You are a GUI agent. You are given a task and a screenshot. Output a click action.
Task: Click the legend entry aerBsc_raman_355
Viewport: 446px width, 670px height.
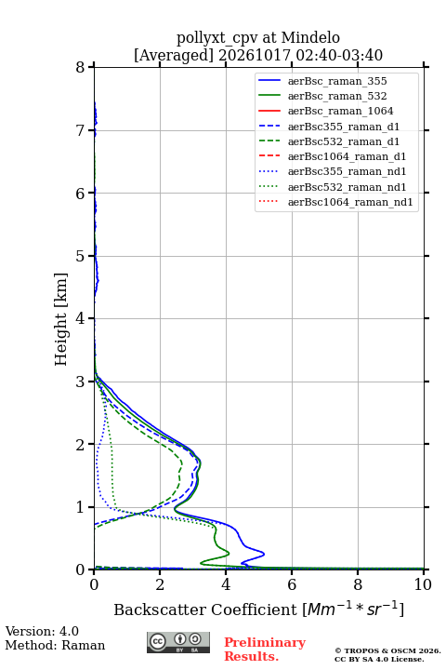tap(337, 81)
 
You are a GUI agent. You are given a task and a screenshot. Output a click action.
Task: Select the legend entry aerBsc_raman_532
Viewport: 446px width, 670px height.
tap(337, 96)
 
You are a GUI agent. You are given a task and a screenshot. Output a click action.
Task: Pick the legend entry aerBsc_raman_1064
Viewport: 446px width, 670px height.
tap(341, 111)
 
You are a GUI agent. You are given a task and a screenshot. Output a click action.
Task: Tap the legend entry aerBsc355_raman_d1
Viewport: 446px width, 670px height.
tap(344, 127)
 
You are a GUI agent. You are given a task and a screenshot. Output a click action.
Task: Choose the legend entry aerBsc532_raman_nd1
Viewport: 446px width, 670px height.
tap(347, 187)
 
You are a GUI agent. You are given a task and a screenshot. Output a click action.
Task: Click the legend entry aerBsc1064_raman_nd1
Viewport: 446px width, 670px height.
tap(350, 202)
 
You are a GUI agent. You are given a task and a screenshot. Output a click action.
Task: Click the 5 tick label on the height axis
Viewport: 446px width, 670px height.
tap(80, 256)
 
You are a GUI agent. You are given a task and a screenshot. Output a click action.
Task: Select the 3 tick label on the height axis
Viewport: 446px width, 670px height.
tap(80, 382)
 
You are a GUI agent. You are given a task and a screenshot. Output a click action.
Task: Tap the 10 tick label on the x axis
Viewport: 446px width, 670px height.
tap(423, 584)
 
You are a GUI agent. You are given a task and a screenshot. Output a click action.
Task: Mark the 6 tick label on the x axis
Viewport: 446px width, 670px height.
tap(292, 584)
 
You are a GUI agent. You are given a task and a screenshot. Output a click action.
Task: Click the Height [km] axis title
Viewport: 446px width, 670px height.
tap(61, 319)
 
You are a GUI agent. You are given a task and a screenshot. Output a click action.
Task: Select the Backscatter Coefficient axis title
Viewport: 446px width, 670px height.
tap(258, 609)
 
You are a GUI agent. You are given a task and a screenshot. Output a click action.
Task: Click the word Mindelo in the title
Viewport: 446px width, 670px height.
tap(310, 38)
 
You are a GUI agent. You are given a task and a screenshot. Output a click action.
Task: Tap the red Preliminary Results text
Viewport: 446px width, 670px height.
tap(265, 650)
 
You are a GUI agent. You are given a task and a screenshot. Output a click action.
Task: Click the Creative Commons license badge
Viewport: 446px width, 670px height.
tap(178, 642)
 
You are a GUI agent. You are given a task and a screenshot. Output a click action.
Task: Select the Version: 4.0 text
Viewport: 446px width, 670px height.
tap(42, 631)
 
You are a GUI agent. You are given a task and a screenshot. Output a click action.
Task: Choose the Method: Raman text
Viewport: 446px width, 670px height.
tap(55, 645)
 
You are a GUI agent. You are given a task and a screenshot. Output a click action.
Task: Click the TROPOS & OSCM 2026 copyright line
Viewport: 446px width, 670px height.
tap(387, 650)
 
